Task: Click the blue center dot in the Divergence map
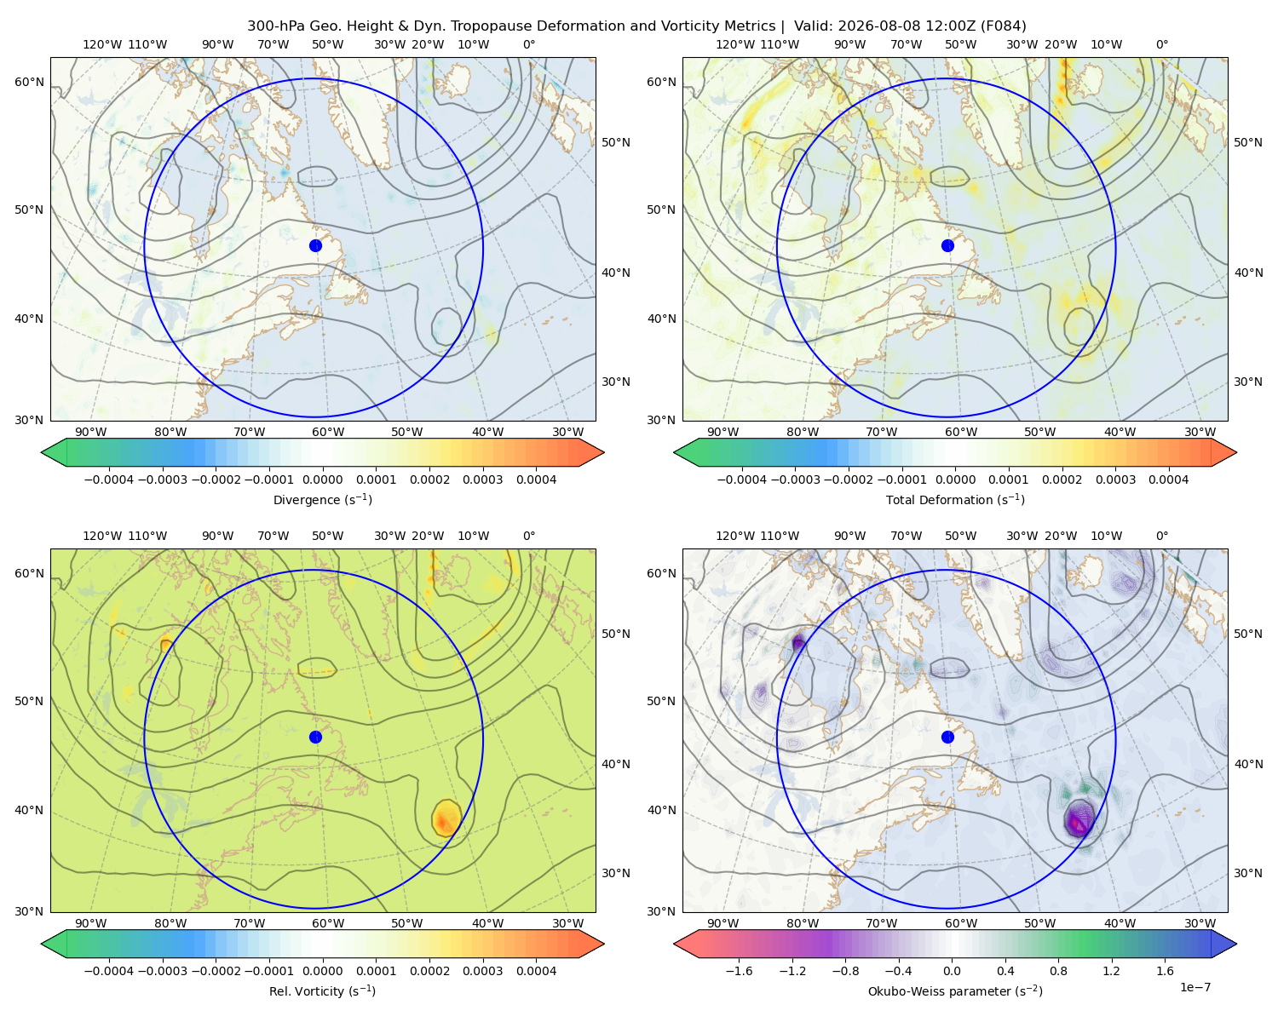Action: [x=314, y=245]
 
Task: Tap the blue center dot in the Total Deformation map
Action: [x=947, y=245]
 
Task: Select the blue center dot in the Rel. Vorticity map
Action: [x=314, y=737]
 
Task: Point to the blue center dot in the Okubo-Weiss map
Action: [x=947, y=737]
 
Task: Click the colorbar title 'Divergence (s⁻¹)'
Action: [x=322, y=499]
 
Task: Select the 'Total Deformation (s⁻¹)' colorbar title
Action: [x=955, y=499]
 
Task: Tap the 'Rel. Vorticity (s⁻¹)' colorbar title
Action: [x=322, y=990]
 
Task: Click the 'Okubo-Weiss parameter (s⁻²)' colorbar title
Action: [x=955, y=990]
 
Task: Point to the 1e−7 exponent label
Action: [x=1195, y=987]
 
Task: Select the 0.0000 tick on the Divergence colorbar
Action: [x=322, y=479]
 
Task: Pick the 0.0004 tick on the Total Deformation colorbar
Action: [x=1168, y=479]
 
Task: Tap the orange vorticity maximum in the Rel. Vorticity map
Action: [x=445, y=819]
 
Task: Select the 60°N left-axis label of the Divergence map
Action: [x=29, y=82]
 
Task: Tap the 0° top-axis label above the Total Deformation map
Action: [x=1161, y=44]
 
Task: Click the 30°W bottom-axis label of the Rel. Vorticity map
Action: [x=567, y=923]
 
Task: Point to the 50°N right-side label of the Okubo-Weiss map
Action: [x=1248, y=633]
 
